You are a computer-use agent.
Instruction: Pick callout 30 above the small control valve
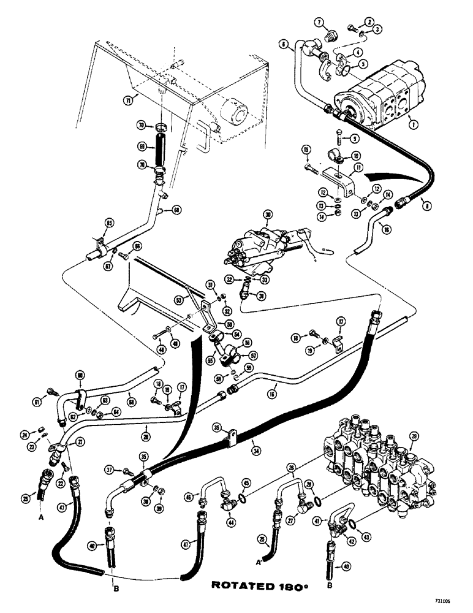click(x=268, y=215)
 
